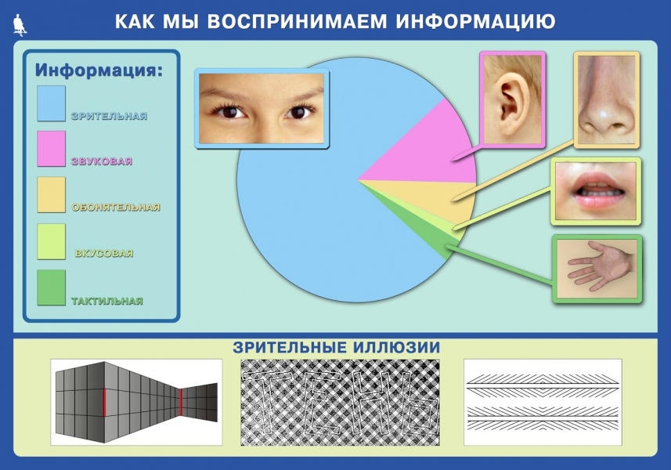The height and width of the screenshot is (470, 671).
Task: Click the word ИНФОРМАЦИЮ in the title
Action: pyautogui.click(x=475, y=21)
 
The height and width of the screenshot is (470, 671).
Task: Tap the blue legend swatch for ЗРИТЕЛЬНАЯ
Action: pyautogui.click(x=52, y=103)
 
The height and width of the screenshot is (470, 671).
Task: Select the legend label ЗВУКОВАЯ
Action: pyautogui.click(x=102, y=161)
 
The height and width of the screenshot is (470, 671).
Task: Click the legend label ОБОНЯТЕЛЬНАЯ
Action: pyautogui.click(x=116, y=207)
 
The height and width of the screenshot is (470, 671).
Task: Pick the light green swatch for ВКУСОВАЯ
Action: pyautogui.click(x=52, y=241)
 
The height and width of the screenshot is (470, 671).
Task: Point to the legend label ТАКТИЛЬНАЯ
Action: pyautogui.click(x=107, y=301)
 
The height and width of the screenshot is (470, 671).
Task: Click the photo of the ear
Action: pyautogui.click(x=513, y=99)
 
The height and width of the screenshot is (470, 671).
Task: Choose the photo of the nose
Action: pyautogui.click(x=607, y=100)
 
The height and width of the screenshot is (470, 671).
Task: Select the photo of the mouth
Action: pyautogui.click(x=596, y=191)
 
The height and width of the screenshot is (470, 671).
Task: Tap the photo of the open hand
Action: pyautogui.click(x=597, y=269)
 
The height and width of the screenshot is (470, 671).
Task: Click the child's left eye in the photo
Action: pyautogui.click(x=298, y=112)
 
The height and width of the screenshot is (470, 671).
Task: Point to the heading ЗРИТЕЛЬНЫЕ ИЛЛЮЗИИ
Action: pyautogui.click(x=337, y=347)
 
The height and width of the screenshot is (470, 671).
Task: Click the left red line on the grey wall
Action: pyautogui.click(x=103, y=403)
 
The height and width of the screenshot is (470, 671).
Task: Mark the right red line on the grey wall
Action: pyautogui.click(x=181, y=402)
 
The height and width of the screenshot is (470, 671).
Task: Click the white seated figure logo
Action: pyautogui.click(x=20, y=25)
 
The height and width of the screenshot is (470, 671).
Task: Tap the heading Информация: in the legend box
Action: pyautogui.click(x=99, y=70)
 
